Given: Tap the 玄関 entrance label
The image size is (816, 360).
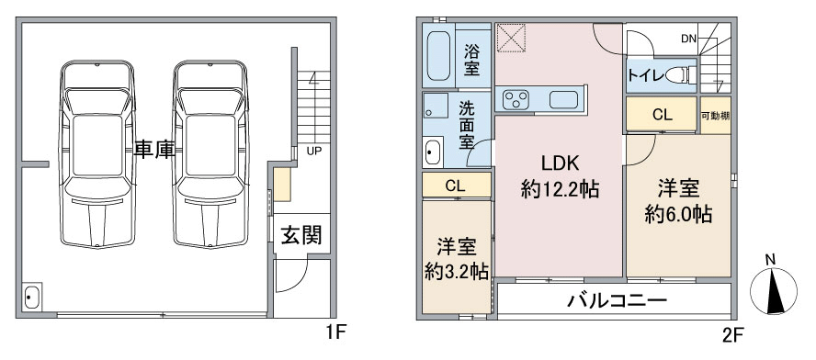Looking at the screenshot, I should pyautogui.click(x=300, y=235).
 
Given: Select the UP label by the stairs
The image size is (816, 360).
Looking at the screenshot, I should pyautogui.click(x=313, y=150).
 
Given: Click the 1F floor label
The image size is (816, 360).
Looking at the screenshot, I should pyautogui.click(x=334, y=332).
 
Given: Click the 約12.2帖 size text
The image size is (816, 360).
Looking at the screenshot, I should pyautogui.click(x=560, y=190).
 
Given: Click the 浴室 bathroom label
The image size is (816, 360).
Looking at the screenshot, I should pyautogui.click(x=472, y=58).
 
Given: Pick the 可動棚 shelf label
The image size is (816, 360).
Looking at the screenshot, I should pyautogui.click(x=715, y=116).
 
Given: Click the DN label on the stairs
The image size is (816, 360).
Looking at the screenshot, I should pyautogui.click(x=689, y=39).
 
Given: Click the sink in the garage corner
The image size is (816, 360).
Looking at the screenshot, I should pyautogui.click(x=32, y=298).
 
